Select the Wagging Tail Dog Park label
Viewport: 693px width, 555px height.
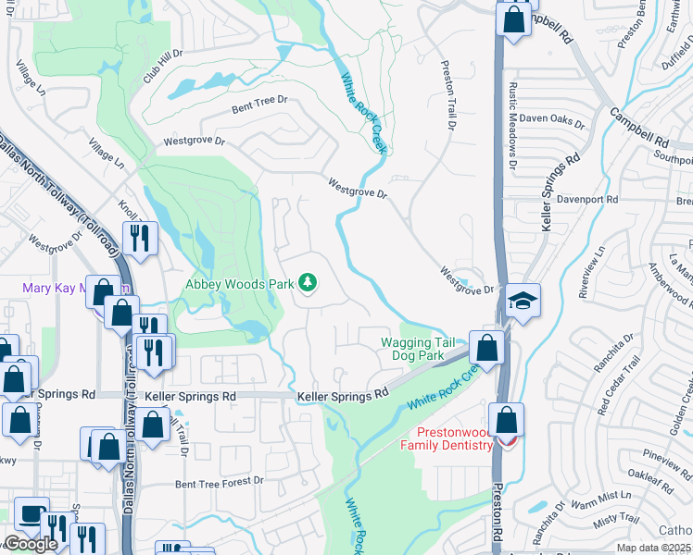(x=418, y=349)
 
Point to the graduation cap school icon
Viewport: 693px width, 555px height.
(x=523, y=301)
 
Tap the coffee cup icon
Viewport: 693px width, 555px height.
(x=31, y=514)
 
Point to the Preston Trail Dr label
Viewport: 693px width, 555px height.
(x=449, y=91)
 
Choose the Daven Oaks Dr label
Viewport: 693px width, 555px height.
(x=551, y=121)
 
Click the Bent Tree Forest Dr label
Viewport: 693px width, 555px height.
(x=220, y=482)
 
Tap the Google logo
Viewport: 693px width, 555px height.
(x=31, y=544)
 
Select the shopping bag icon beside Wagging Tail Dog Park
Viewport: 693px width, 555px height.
(x=486, y=347)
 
